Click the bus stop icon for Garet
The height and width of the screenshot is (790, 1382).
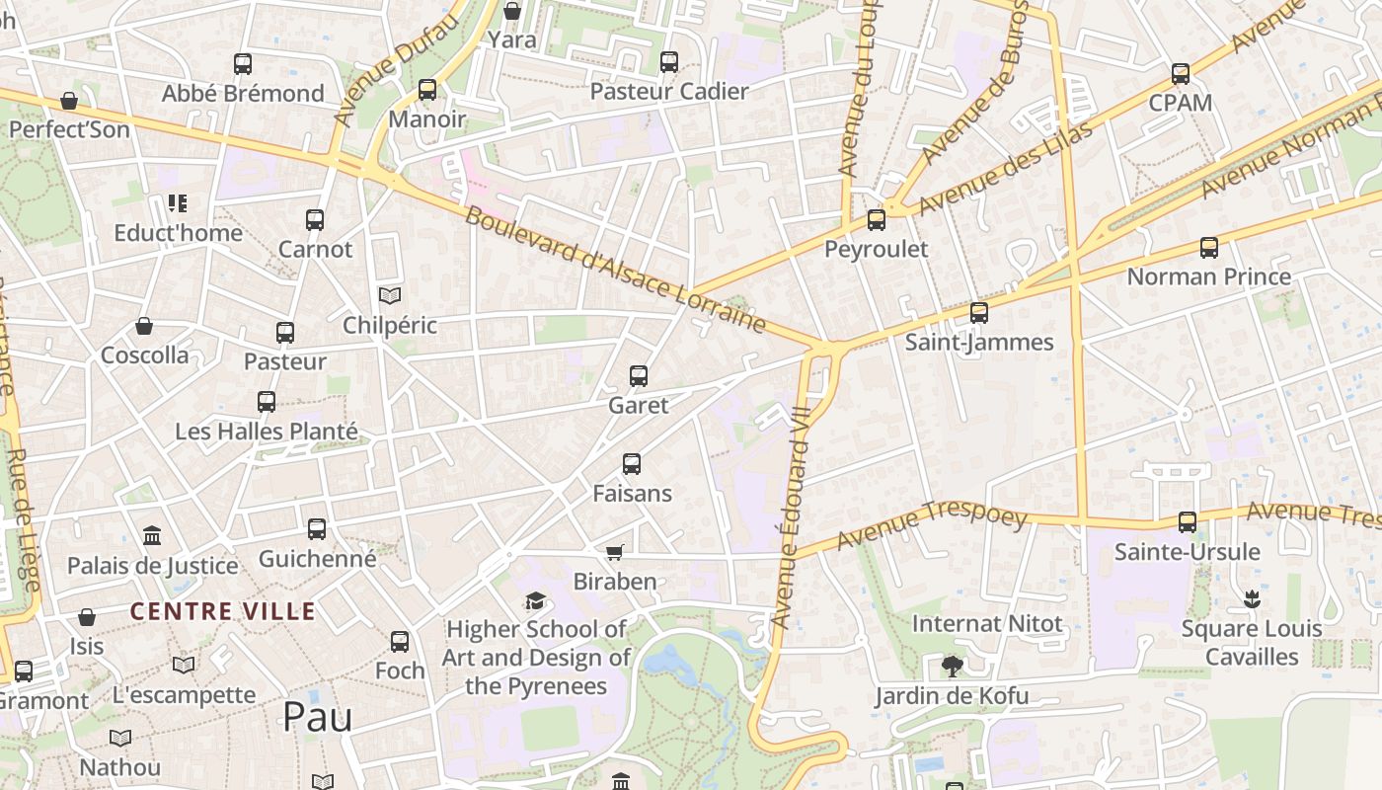click(639, 376)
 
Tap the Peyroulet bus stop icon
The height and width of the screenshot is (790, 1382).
click(877, 220)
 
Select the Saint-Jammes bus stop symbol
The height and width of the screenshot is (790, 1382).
click(979, 313)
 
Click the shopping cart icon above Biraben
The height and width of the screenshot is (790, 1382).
click(615, 552)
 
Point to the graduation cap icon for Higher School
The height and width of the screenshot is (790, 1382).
click(535, 600)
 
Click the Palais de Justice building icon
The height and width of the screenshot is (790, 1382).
click(152, 536)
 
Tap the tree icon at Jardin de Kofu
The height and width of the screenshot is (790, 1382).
click(952, 667)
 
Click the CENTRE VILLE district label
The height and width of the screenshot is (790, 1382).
click(223, 611)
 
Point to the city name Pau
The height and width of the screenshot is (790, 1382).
click(317, 717)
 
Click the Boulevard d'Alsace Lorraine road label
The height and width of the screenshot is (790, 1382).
click(615, 269)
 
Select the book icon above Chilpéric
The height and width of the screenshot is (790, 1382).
click(390, 295)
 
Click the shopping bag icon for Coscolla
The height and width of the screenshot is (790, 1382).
click(144, 326)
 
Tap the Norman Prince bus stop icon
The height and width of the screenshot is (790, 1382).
click(1209, 248)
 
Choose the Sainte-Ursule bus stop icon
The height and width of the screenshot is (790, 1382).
click(1188, 522)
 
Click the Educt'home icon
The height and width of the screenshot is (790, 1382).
click(178, 203)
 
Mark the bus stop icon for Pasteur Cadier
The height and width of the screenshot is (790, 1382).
click(669, 62)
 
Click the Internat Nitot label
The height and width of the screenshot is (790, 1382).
click(987, 624)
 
